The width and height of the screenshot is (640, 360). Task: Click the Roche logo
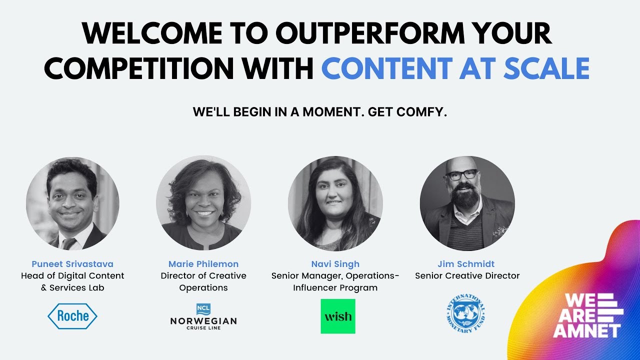point(72,316)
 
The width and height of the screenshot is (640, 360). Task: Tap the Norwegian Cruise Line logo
point(203,317)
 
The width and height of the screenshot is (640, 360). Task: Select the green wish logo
point(338,316)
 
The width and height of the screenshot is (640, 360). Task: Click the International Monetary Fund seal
point(466,313)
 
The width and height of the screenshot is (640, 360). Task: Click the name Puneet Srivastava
point(72,264)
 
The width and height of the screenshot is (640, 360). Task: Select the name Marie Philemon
point(203,264)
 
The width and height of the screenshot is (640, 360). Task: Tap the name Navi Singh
point(335,264)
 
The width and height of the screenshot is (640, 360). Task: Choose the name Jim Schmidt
point(466,264)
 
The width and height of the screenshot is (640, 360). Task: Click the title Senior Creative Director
point(467,276)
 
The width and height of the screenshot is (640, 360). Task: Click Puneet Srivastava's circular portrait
point(72,203)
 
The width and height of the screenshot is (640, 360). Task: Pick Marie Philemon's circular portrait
point(203,203)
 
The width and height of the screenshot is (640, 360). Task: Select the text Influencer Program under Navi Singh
point(335,288)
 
